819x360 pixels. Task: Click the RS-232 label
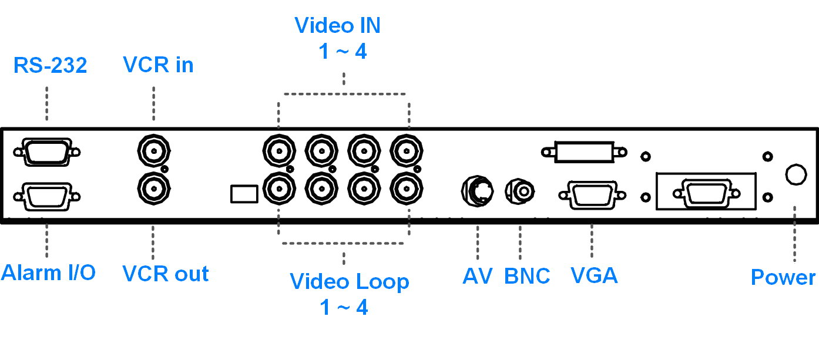[x=50, y=65]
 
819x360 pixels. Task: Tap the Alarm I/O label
[x=48, y=272]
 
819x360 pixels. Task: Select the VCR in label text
[x=158, y=65]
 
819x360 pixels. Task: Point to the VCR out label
[x=165, y=274]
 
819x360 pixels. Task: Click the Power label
[x=783, y=277]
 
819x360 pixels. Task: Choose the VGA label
[x=594, y=275]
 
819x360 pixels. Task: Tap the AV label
[x=478, y=276]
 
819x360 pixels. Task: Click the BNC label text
[x=527, y=276]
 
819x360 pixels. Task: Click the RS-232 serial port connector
[x=47, y=152]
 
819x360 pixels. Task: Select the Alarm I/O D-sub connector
[x=47, y=197]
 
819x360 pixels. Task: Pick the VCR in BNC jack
[x=154, y=150]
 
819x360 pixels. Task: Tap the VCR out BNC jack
[x=154, y=189]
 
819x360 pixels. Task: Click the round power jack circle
[x=796, y=174]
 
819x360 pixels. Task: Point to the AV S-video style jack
[x=477, y=191]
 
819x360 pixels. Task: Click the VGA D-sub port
[x=592, y=195]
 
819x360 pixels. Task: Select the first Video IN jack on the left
[x=279, y=150]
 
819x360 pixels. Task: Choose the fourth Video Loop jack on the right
[x=406, y=189]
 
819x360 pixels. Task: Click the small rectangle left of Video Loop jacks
[x=244, y=194]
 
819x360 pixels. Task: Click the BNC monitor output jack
[x=519, y=191]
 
